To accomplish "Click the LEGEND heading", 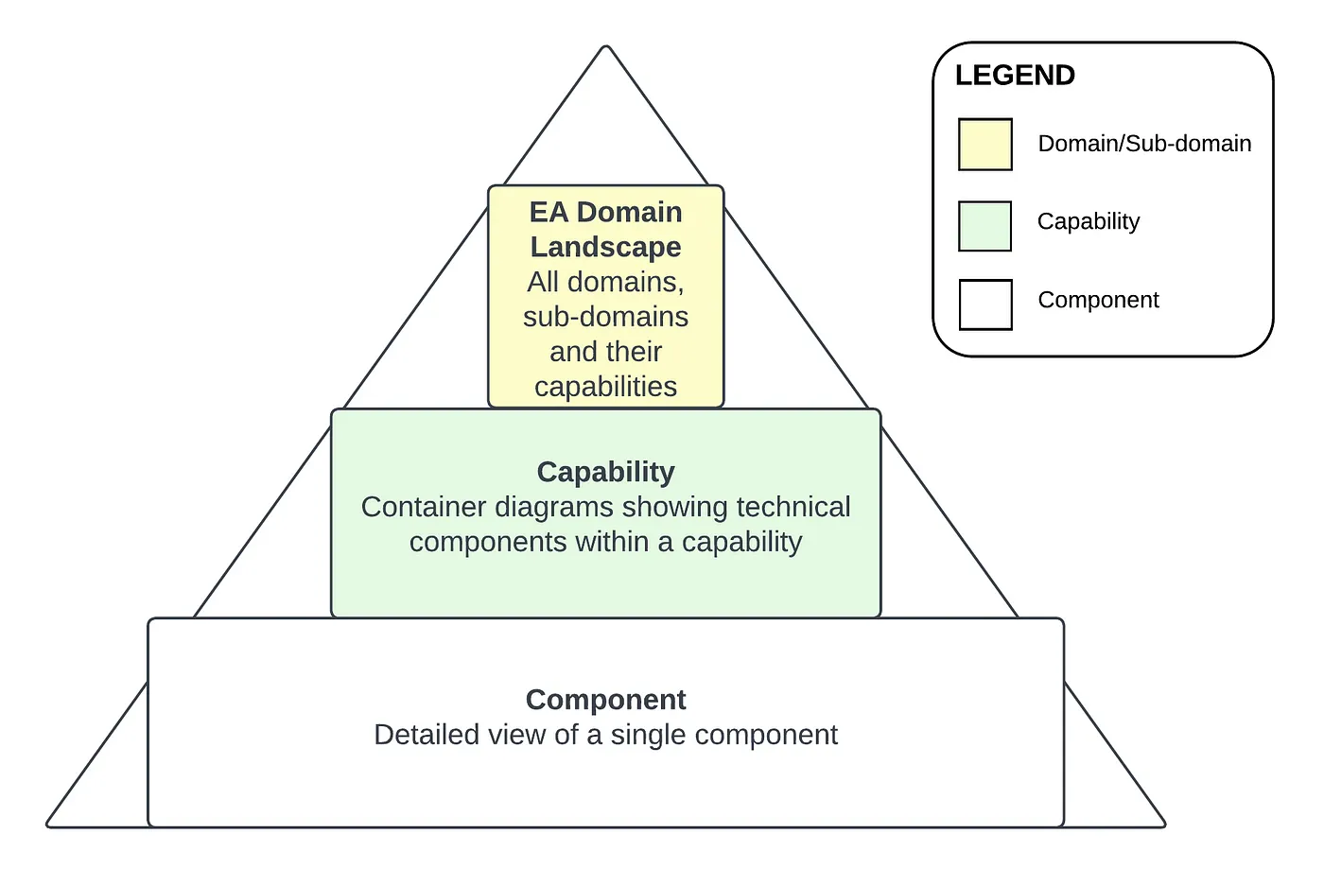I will (x=1015, y=76).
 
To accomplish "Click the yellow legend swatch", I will (x=985, y=145).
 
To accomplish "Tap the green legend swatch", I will (x=985, y=226).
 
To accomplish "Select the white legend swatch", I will (x=985, y=304).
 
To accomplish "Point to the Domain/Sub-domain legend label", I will (x=1144, y=144).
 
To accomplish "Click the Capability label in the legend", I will (x=1089, y=221).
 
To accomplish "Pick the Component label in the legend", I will (x=1098, y=300).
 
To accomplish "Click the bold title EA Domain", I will (x=605, y=212).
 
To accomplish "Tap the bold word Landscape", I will (x=605, y=247).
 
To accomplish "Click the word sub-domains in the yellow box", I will (x=605, y=317).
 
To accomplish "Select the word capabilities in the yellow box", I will (x=605, y=387).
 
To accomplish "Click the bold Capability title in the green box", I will (x=605, y=472).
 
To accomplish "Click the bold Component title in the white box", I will (x=605, y=700).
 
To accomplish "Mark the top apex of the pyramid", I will (x=606, y=46).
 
